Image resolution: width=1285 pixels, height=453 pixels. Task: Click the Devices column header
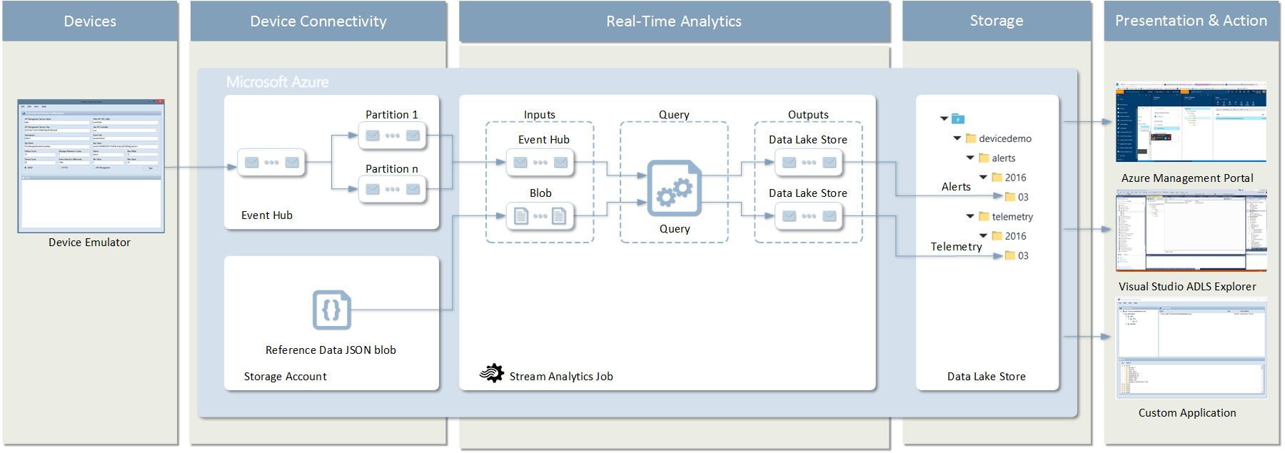[x=90, y=21]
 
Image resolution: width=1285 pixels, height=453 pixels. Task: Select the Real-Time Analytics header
[x=674, y=21]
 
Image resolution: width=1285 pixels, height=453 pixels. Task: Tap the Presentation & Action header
[x=1191, y=21]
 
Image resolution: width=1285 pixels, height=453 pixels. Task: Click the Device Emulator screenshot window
[x=91, y=166]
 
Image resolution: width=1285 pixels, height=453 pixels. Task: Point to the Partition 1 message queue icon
[x=393, y=136]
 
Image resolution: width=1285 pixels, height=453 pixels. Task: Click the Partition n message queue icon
[x=393, y=189]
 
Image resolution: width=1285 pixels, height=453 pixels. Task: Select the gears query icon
[x=674, y=188]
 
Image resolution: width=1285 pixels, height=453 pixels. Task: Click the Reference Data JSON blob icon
[x=332, y=310]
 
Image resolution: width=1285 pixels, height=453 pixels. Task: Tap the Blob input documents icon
[x=540, y=215]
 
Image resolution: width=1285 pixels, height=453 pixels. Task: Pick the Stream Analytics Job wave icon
[x=492, y=373]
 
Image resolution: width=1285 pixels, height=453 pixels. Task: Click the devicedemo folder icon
[x=971, y=138]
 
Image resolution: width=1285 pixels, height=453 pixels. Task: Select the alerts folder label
[x=1003, y=158]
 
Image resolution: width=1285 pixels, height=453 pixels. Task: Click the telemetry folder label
[x=1012, y=217]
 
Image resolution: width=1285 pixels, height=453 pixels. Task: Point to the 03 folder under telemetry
[x=1010, y=255]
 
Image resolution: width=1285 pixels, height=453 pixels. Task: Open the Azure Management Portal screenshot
[x=1191, y=122]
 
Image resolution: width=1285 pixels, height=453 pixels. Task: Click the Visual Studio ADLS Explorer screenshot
[x=1191, y=230]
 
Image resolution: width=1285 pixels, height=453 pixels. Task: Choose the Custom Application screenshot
[x=1191, y=348]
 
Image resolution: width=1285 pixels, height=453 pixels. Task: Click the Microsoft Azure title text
[x=277, y=82]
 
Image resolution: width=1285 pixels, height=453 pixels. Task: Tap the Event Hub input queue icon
[x=540, y=162]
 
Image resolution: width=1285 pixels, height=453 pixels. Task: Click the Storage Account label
[x=285, y=377]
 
